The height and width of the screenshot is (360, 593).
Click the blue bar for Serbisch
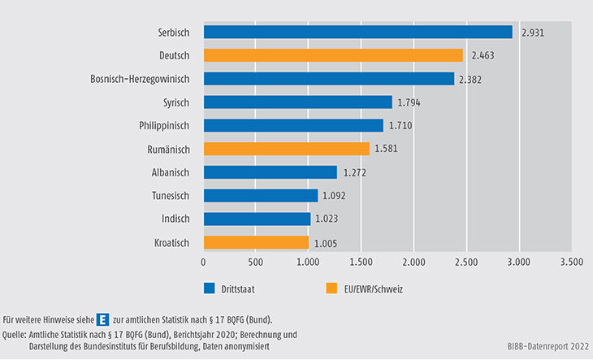(357, 32)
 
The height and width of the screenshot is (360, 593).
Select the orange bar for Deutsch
(333, 55)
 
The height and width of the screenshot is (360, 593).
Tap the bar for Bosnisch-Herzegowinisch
(329, 79)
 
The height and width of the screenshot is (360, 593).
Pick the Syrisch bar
(297, 102)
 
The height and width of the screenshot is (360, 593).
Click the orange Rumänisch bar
(286, 149)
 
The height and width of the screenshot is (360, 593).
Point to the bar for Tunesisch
(260, 196)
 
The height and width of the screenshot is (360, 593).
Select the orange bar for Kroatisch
(256, 242)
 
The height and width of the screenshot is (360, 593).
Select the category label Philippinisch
(161, 126)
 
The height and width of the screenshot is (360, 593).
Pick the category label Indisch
(173, 219)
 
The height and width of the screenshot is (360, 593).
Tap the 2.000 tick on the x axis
(413, 262)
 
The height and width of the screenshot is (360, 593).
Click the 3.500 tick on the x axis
(571, 262)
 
